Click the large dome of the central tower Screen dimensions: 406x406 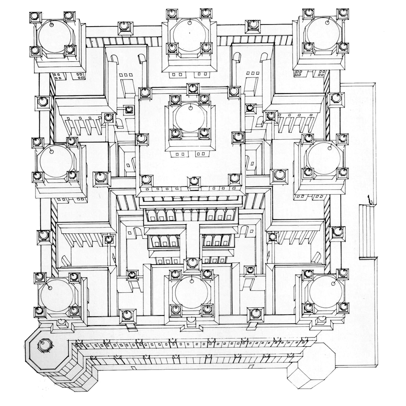(x=190, y=117)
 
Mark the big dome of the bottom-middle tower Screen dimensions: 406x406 (x=191, y=292)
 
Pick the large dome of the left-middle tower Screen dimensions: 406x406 (x=55, y=161)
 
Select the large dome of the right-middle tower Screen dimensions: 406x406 (x=324, y=158)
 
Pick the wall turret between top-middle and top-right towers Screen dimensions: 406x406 (x=253, y=25)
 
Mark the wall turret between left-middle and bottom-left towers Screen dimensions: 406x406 (x=44, y=236)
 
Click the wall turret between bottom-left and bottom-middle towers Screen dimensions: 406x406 (x=127, y=315)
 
